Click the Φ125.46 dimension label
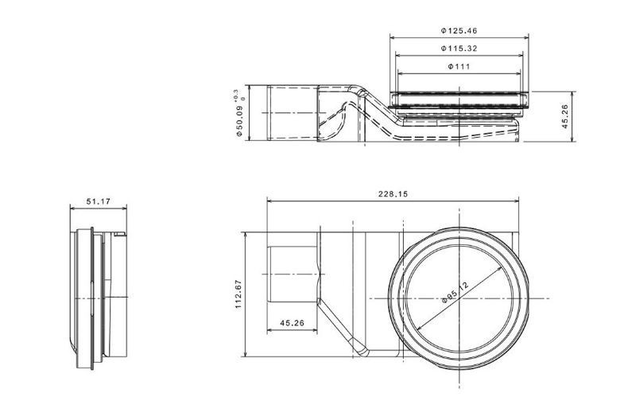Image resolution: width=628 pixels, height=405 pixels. coord(459,30)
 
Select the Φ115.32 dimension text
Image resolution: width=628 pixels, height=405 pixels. coord(459,49)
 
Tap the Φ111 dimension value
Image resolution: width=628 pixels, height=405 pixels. coord(459,67)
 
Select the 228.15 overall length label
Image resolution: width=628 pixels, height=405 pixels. coord(393,194)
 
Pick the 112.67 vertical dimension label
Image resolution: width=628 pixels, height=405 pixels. coord(238,294)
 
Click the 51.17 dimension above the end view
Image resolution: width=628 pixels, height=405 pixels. coord(98,202)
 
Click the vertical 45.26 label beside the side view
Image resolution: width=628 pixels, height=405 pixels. coord(564,115)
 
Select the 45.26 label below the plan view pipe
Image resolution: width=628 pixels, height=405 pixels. coord(293,323)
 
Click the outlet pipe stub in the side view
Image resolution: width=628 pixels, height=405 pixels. coord(291,115)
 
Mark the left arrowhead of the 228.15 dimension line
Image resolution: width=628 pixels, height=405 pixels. coord(269,201)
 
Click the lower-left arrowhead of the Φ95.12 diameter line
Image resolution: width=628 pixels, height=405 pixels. coord(421,325)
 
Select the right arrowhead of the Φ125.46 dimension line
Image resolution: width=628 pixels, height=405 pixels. coord(525,37)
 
